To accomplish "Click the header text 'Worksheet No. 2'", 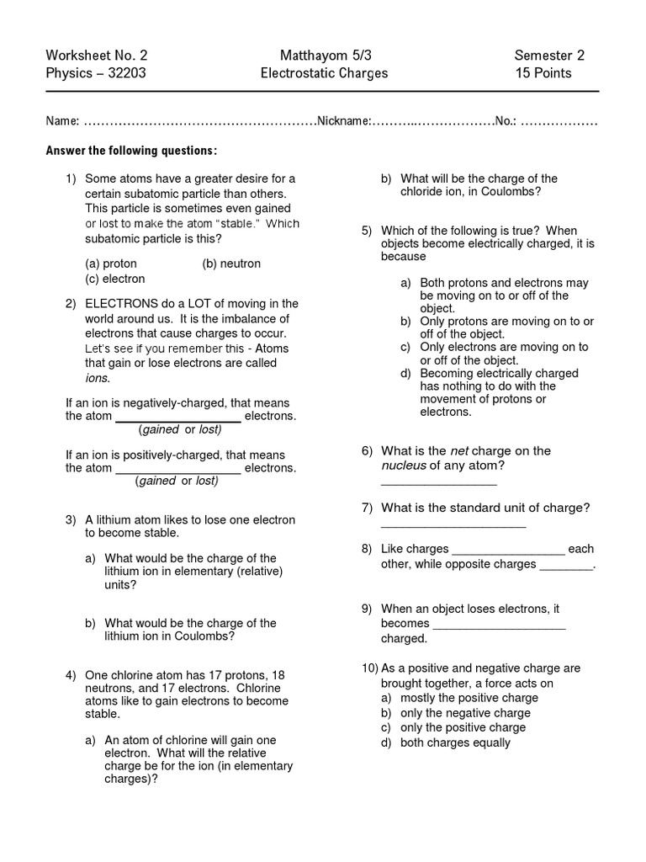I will click(97, 56).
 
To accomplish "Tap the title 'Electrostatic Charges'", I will click(324, 73).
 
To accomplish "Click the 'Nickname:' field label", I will click(342, 122).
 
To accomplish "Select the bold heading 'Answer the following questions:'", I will click(131, 151).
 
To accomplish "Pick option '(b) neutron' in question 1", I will click(231, 263).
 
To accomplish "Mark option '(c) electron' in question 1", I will click(115, 279).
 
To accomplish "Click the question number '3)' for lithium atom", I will click(71, 520).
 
